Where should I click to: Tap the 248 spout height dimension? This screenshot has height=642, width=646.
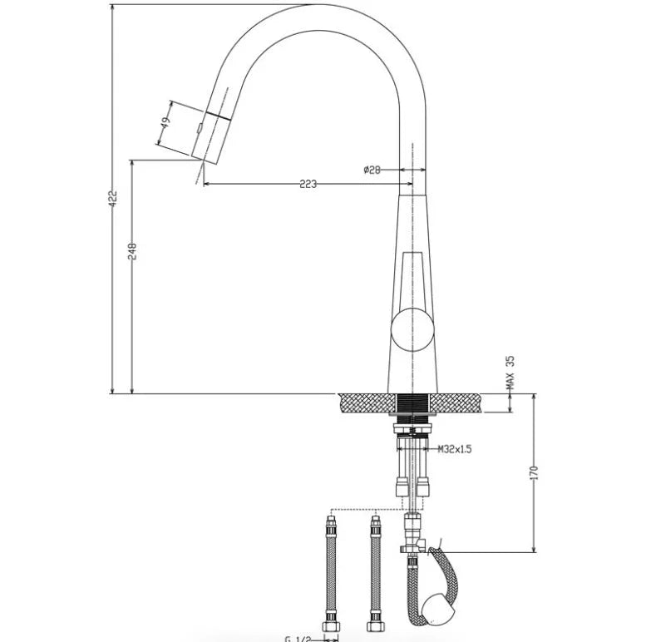132,251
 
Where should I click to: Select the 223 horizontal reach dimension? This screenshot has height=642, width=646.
308,185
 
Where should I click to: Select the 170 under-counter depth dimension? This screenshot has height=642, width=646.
535,472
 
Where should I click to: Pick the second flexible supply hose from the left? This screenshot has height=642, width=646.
375,574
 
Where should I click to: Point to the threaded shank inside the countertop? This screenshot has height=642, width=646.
412,405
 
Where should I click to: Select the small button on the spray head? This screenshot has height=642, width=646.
200,128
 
